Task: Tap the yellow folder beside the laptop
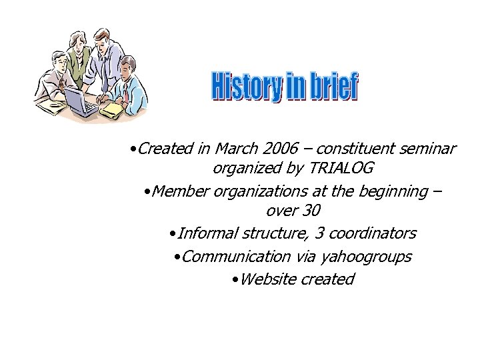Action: coord(113,107)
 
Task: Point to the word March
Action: coord(237,149)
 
